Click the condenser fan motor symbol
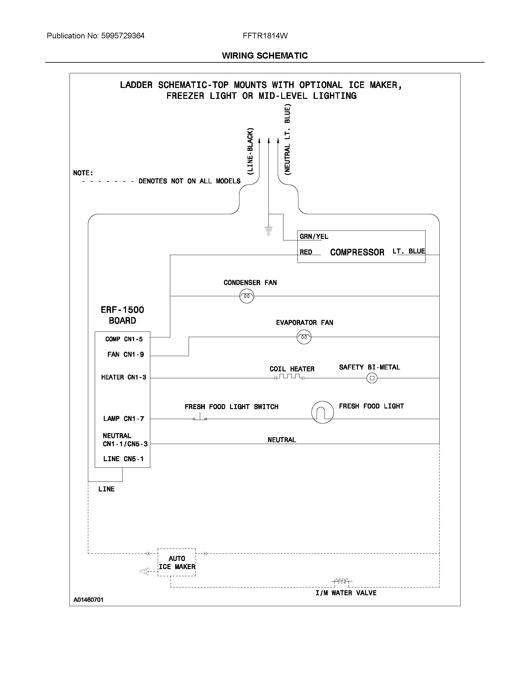[x=247, y=296]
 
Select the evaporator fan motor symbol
[x=304, y=337]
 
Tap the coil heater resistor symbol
[x=290, y=377]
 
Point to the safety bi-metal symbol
[x=372, y=378]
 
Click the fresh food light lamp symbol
[x=322, y=412]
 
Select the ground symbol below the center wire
[x=268, y=231]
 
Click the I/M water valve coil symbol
[x=342, y=582]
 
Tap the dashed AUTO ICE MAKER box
[x=176, y=563]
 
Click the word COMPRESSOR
[x=357, y=252]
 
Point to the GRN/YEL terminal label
[x=314, y=237]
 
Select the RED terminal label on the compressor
[x=306, y=252]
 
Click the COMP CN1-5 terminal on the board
[x=124, y=339]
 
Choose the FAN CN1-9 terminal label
[x=126, y=354]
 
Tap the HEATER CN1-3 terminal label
[x=123, y=377]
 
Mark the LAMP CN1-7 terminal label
[x=123, y=418]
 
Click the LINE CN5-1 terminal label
[x=123, y=459]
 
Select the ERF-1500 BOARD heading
[x=122, y=315]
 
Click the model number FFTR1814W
[x=265, y=36]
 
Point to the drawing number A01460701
[x=88, y=600]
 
